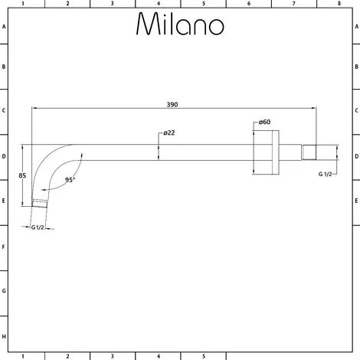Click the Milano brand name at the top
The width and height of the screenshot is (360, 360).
[180, 25]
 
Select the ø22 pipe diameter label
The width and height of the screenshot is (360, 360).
[169, 133]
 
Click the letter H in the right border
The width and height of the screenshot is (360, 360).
[355, 336]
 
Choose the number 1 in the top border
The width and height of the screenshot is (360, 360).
[24, 4]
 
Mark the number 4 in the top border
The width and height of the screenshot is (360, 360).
[158, 4]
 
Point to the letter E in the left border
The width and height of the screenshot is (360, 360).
[4, 203]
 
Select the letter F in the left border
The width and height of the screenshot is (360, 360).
[4, 247]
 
